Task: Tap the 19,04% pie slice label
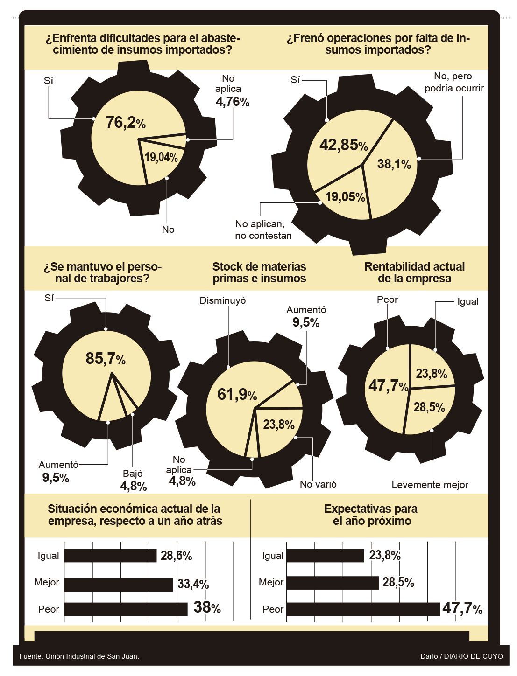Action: tap(161, 157)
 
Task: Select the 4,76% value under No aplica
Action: tap(232, 102)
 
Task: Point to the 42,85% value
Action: tap(343, 145)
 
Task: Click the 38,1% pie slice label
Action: tap(394, 164)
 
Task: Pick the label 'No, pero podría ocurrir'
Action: tap(454, 82)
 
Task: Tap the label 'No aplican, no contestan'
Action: tap(263, 230)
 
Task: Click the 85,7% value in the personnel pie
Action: tap(105, 358)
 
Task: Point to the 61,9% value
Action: tap(237, 395)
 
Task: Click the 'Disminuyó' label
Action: tap(222, 300)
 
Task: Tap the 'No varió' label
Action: tap(318, 484)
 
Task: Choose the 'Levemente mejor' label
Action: tap(430, 485)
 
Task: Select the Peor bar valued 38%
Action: tap(126, 609)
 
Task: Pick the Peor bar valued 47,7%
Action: tap(363, 609)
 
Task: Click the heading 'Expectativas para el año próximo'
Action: tap(371, 515)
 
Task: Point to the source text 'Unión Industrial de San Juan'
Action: tap(92, 656)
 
